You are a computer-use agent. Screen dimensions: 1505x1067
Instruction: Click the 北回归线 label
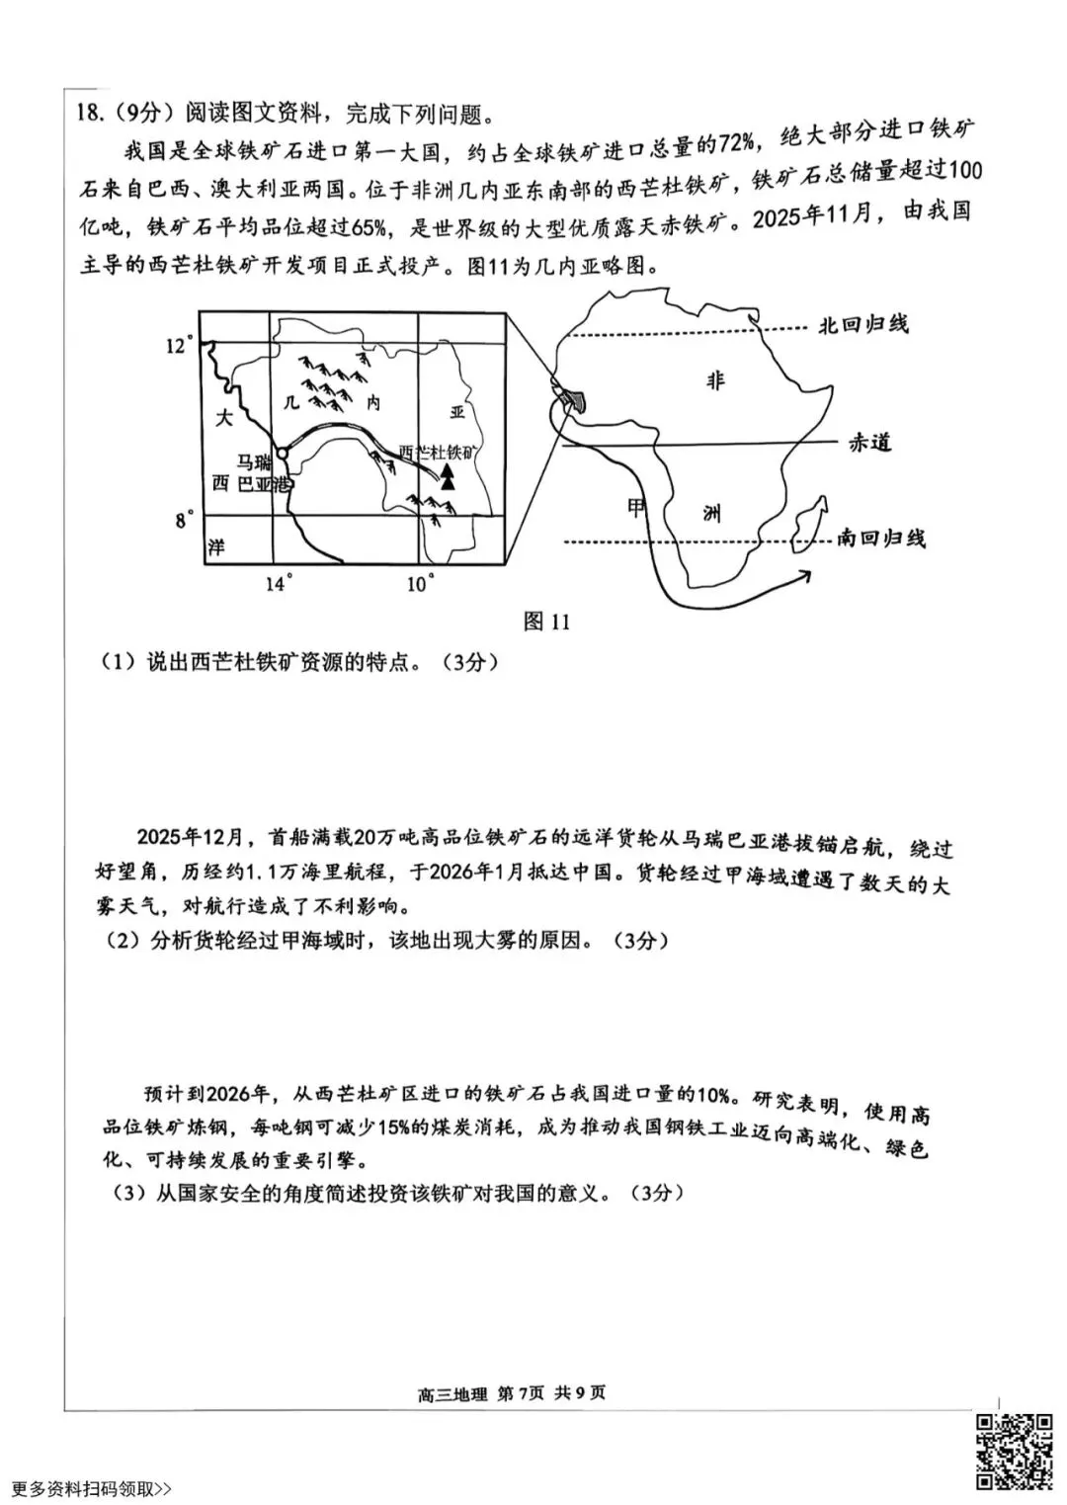tap(862, 325)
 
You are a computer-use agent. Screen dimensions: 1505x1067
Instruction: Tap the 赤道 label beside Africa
tap(869, 443)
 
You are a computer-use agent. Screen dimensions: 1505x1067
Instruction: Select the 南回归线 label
tap(881, 539)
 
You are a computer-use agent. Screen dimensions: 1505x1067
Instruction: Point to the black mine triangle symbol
tap(448, 477)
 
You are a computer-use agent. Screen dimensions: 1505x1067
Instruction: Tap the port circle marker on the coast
tap(282, 453)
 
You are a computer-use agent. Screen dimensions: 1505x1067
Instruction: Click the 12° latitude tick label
tap(177, 346)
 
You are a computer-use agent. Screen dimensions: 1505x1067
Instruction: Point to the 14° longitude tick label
tap(279, 584)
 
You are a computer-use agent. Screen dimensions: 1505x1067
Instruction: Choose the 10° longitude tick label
tap(420, 584)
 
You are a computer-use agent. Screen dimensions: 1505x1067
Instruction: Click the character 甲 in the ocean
tap(636, 507)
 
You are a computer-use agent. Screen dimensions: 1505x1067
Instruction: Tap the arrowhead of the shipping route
tap(803, 574)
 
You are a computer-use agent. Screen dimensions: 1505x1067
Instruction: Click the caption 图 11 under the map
tap(547, 621)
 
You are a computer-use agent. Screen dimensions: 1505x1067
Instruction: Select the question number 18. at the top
tap(88, 114)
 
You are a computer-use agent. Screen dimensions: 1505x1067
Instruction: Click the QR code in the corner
tap(1014, 1451)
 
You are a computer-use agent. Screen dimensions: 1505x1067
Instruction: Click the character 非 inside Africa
tap(715, 381)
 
